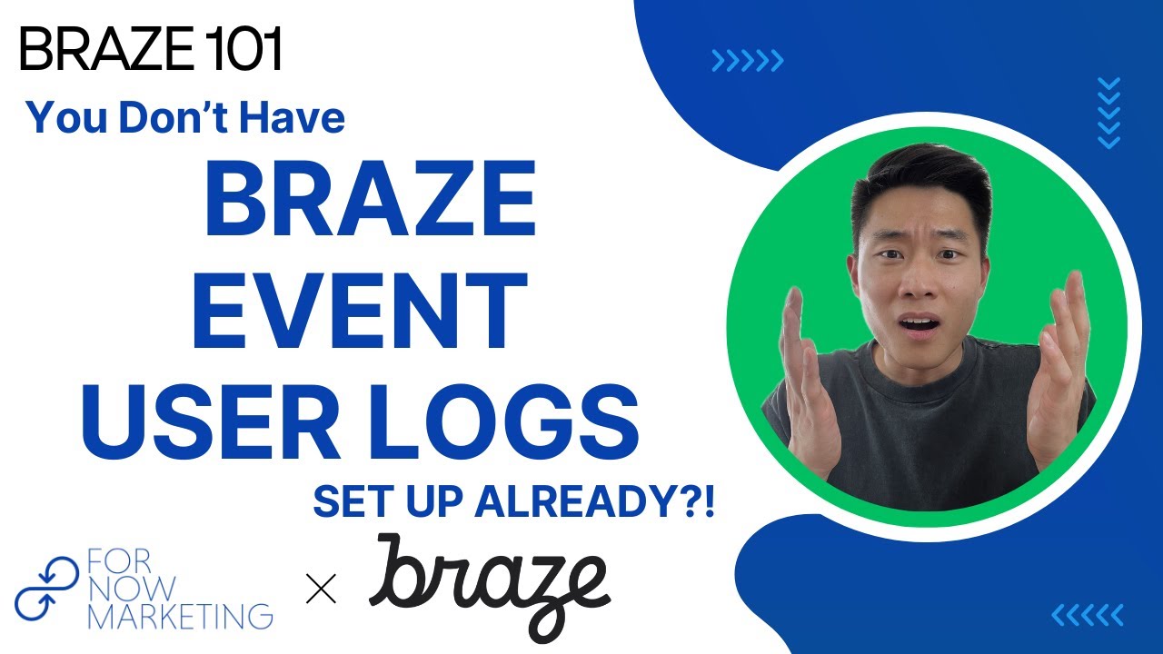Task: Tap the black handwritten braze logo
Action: tap(488, 581)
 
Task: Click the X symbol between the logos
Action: tap(321, 590)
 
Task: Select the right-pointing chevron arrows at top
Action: tap(747, 61)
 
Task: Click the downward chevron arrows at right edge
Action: tap(1108, 113)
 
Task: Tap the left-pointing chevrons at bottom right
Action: tap(1088, 615)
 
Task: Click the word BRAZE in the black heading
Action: tap(94, 52)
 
